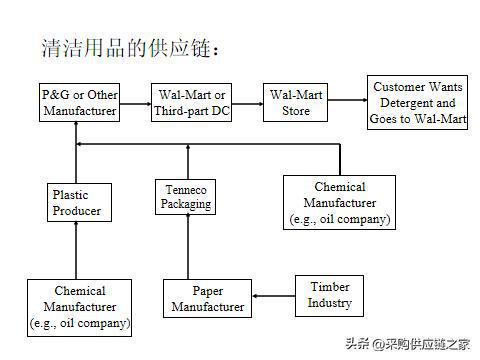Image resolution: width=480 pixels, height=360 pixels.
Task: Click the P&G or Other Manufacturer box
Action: point(80,102)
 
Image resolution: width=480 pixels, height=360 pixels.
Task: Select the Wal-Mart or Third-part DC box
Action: point(192,102)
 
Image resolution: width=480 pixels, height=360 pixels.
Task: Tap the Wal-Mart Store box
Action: point(296,102)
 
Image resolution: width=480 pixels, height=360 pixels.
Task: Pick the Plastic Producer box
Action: point(77,203)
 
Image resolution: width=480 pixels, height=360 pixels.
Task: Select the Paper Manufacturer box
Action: point(207,299)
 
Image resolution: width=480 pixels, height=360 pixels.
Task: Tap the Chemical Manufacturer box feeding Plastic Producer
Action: point(80,307)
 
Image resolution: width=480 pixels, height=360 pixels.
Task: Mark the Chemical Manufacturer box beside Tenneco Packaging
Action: point(340,202)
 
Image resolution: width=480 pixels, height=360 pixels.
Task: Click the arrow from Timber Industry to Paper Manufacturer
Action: point(273,295)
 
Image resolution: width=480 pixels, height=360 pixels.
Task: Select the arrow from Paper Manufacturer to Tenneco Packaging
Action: point(187,246)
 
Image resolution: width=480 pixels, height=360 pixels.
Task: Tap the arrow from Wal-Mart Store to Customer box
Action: point(347,101)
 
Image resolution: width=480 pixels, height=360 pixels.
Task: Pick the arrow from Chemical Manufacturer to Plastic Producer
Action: point(77,251)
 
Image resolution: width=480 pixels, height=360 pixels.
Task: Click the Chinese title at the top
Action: point(130,48)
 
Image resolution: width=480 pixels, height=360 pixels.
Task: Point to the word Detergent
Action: point(414,102)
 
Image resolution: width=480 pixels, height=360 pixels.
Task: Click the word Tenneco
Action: point(186,189)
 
